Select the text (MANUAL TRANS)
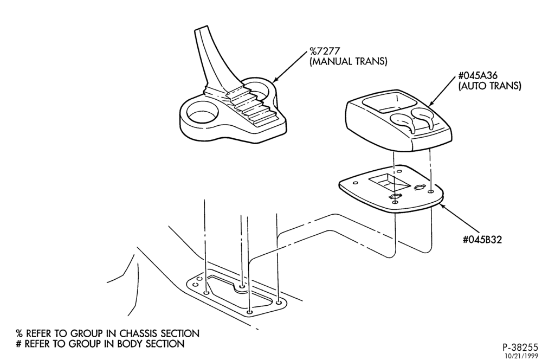click(x=348, y=62)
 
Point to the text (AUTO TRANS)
click(x=489, y=86)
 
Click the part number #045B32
click(x=482, y=239)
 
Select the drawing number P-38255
click(x=520, y=347)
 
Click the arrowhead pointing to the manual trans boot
click(x=276, y=80)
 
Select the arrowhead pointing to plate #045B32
click(x=443, y=207)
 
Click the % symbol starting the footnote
click(x=19, y=334)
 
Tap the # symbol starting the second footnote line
click(x=19, y=344)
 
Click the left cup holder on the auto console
click(x=402, y=119)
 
